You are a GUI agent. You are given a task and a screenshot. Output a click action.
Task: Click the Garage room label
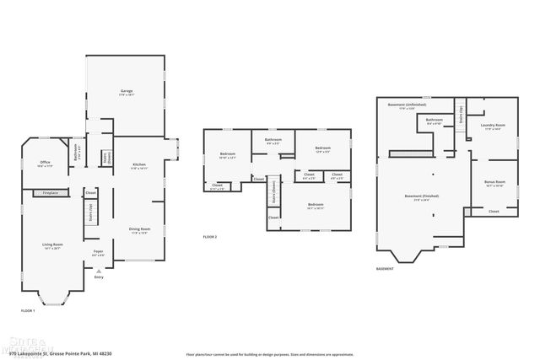click(x=126, y=91)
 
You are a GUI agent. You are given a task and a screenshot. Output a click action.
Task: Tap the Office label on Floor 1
click(x=45, y=164)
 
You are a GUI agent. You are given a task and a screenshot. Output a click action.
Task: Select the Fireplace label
click(x=49, y=193)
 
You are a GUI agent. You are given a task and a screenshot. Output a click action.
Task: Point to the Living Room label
click(x=52, y=244)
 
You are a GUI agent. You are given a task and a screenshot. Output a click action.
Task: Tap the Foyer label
click(x=99, y=251)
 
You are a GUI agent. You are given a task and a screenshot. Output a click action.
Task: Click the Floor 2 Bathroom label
click(x=273, y=139)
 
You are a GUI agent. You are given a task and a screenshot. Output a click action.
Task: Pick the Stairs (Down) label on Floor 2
click(x=274, y=195)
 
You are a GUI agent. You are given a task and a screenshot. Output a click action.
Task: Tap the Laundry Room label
click(x=493, y=126)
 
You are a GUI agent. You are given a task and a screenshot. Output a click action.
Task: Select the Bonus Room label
click(x=494, y=182)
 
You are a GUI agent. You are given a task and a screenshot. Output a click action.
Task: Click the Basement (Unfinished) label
click(x=407, y=105)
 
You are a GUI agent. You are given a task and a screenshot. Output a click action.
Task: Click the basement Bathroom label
click(x=435, y=120)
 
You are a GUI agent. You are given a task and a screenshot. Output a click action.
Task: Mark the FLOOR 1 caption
click(x=28, y=311)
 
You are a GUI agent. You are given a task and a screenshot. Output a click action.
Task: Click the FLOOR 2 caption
click(x=210, y=237)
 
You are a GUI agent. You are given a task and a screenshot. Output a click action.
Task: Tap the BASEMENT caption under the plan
click(x=385, y=269)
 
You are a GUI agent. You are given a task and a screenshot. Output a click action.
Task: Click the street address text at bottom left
click(x=59, y=353)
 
